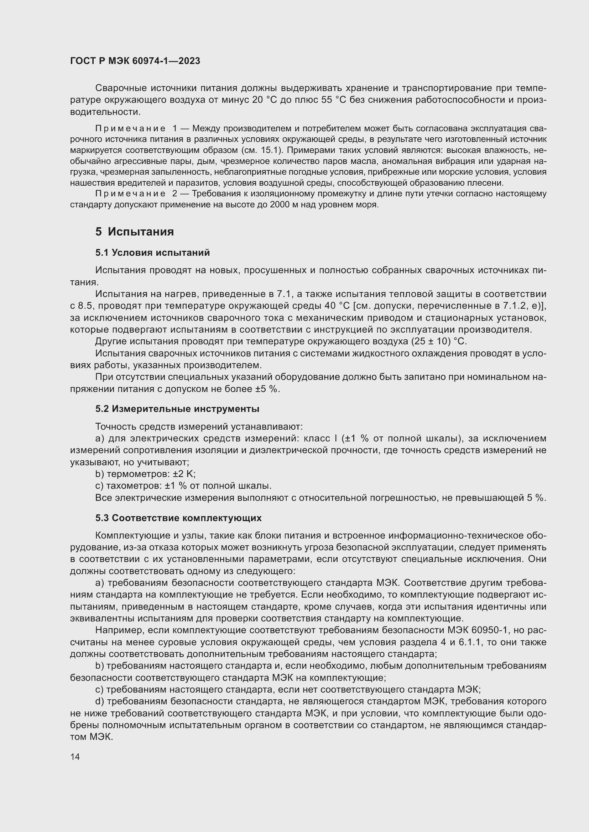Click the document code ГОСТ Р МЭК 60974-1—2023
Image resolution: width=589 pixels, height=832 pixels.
[135, 61]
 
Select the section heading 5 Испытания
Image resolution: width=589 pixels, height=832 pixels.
[135, 232]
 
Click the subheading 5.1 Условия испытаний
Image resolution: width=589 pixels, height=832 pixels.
[152, 253]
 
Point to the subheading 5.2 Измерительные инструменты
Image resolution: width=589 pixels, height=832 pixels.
[177, 409]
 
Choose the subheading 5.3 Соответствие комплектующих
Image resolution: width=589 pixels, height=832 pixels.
[178, 518]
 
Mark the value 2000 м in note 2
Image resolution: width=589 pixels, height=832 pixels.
[285, 205]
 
